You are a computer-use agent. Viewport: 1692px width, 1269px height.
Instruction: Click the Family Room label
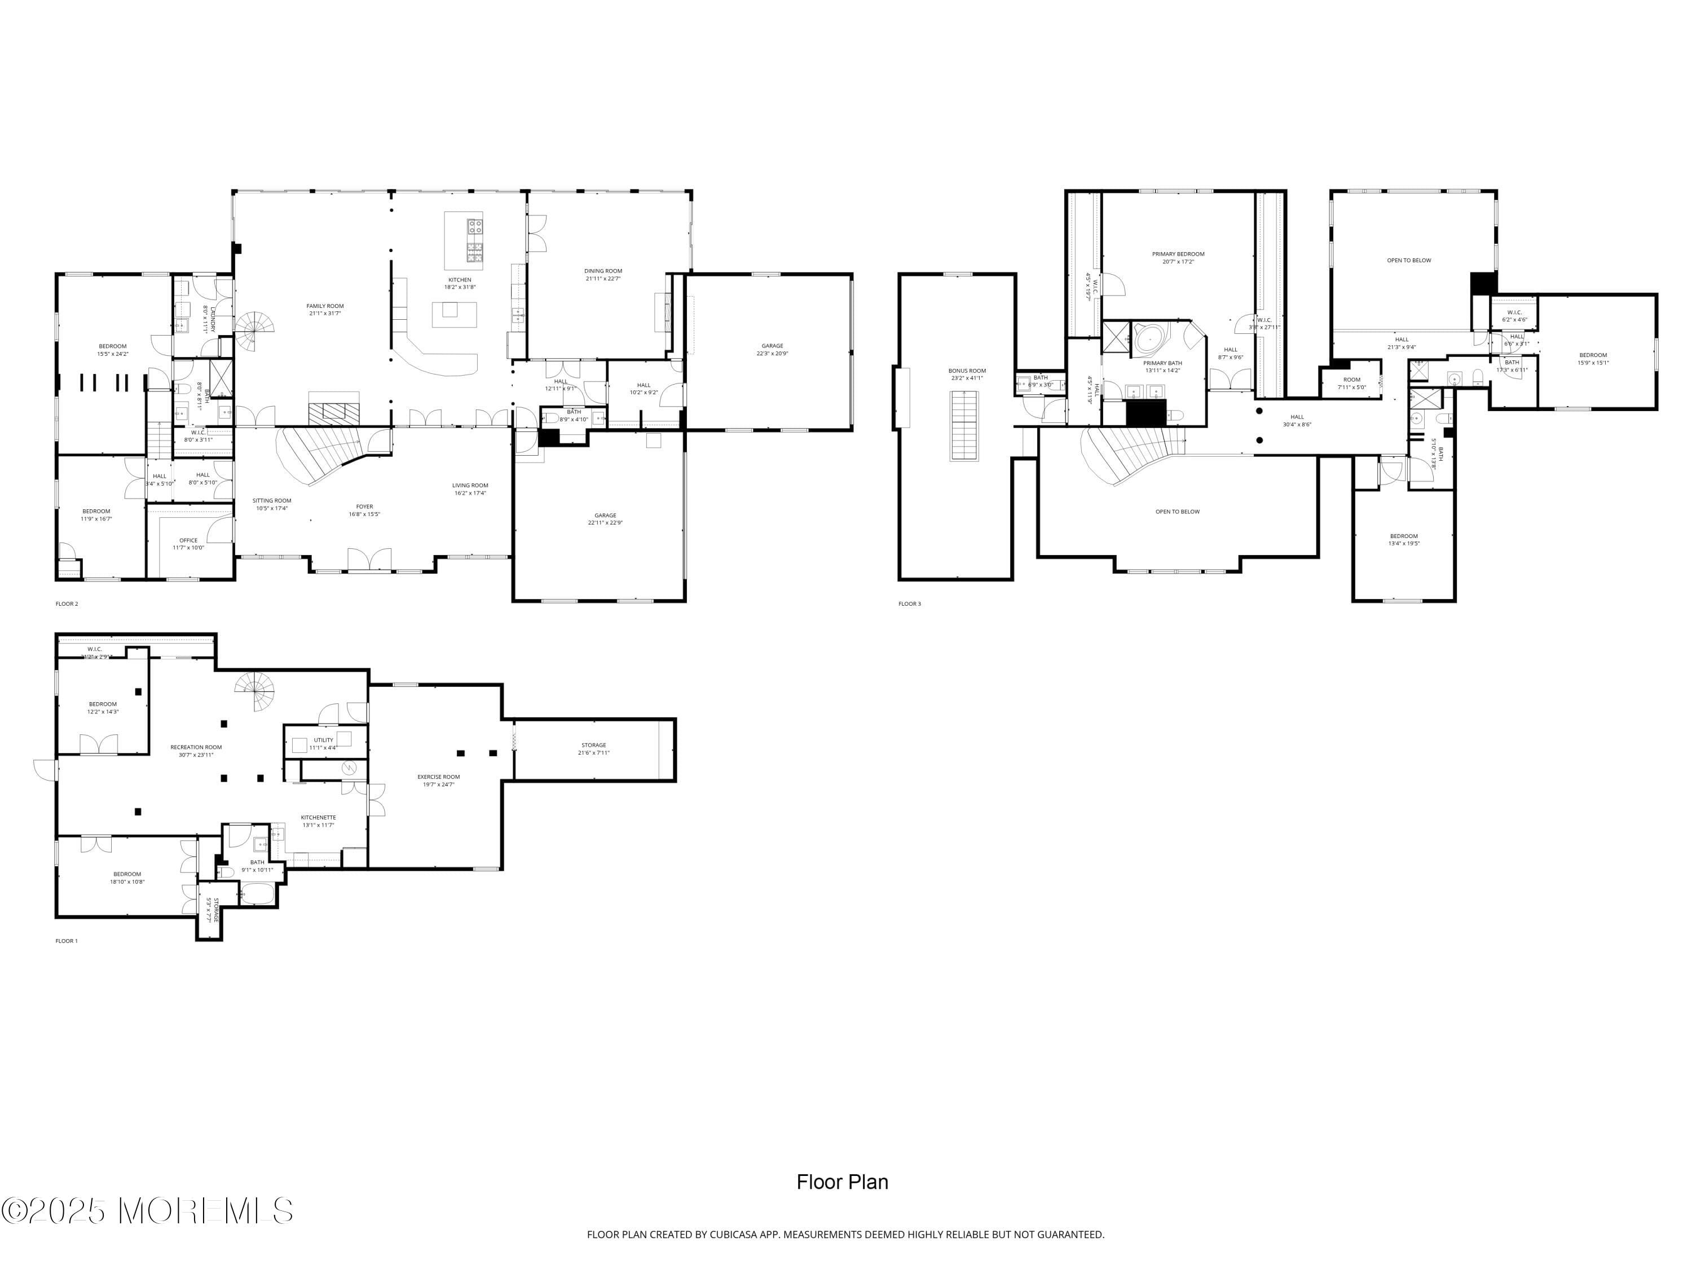click(325, 309)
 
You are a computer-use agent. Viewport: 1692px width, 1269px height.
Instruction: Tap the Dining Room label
click(603, 274)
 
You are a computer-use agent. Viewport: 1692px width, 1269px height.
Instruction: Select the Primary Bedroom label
click(1178, 257)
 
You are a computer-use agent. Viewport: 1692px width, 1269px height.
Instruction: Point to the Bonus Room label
click(967, 374)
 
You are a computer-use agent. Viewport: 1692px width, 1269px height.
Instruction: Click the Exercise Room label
click(438, 780)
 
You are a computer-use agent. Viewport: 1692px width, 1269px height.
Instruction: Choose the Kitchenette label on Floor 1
click(318, 821)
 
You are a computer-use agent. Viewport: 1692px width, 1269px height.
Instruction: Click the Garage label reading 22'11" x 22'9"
click(605, 519)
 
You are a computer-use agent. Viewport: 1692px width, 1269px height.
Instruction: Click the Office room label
click(188, 543)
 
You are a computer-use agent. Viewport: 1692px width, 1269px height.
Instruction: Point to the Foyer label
click(364, 509)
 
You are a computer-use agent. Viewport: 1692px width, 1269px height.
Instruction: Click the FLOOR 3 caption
click(910, 603)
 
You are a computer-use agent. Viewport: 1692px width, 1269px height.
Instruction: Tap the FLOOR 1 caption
click(67, 941)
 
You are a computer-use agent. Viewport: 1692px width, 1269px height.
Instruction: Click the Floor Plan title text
click(842, 1182)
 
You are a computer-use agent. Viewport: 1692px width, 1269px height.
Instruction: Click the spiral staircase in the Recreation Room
click(255, 689)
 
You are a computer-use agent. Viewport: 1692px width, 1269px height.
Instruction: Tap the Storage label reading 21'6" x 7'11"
click(593, 748)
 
